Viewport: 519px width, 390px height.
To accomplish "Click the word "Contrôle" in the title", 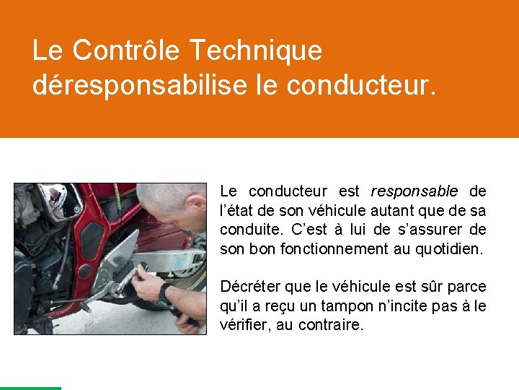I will pos(127,51).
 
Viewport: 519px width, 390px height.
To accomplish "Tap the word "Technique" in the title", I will pos(256,51).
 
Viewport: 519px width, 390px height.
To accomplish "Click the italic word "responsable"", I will pos(414,191).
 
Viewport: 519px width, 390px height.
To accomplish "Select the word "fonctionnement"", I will pos(337,249).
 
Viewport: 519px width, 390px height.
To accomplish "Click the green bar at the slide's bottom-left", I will pos(30,388).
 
